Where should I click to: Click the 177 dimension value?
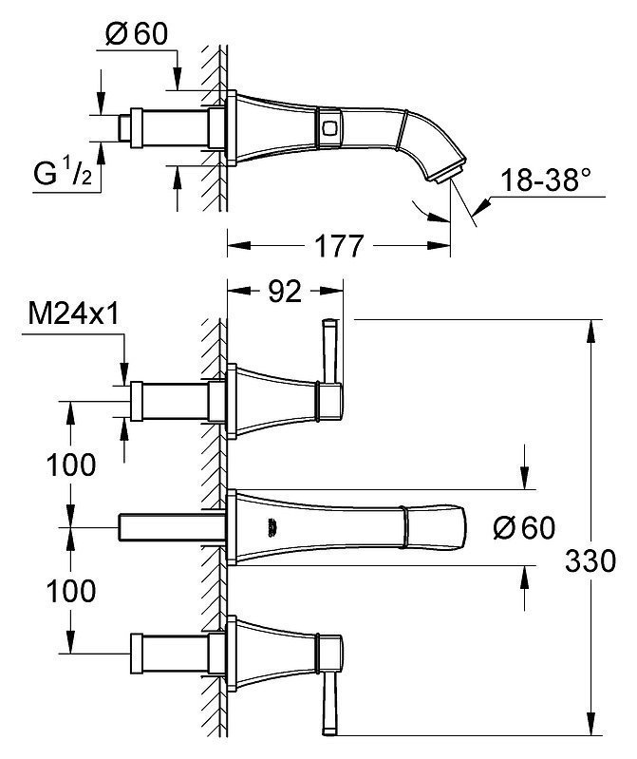pyautogui.click(x=338, y=246)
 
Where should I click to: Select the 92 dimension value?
pyautogui.click(x=285, y=291)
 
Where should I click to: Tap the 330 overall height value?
pyautogui.click(x=590, y=561)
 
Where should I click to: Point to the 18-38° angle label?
pyautogui.click(x=546, y=180)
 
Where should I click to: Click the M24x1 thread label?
pyautogui.click(x=73, y=314)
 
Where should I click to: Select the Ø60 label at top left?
pyautogui.click(x=137, y=34)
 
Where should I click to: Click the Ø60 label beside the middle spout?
pyautogui.click(x=524, y=527)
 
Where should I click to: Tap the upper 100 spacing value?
pyautogui.click(x=71, y=465)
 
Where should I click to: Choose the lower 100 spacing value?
pyautogui.click(x=71, y=591)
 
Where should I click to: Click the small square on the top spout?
pyautogui.click(x=328, y=128)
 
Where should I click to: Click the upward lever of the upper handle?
pyautogui.click(x=330, y=351)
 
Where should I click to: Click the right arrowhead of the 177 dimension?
pyautogui.click(x=440, y=245)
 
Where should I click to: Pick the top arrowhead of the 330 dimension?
pyautogui.click(x=591, y=332)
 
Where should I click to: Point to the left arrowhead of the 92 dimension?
pyautogui.click(x=239, y=291)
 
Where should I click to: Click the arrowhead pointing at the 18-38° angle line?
pyautogui.click(x=481, y=207)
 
